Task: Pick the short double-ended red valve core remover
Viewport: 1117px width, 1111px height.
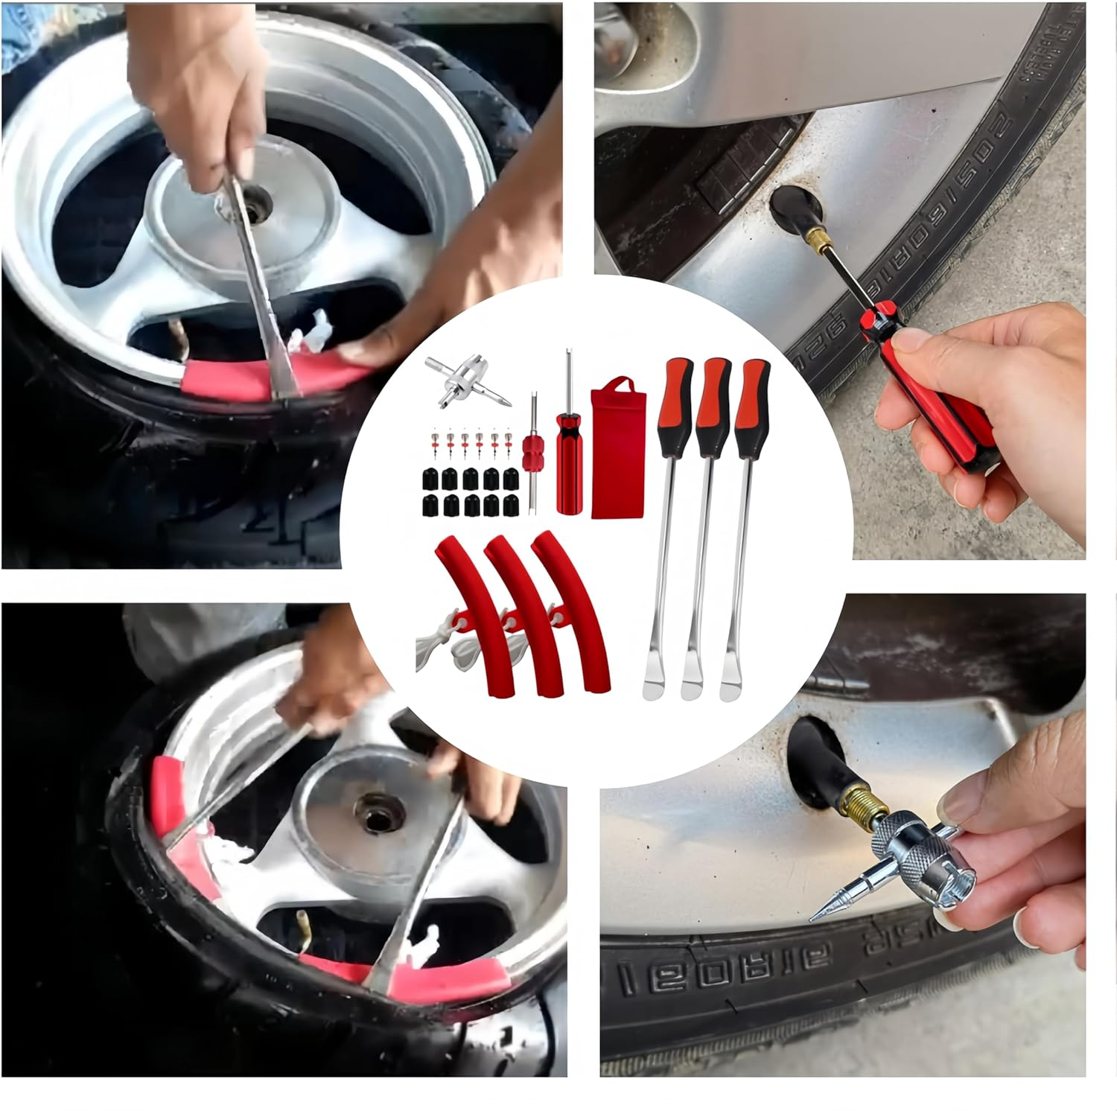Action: [x=533, y=447]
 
